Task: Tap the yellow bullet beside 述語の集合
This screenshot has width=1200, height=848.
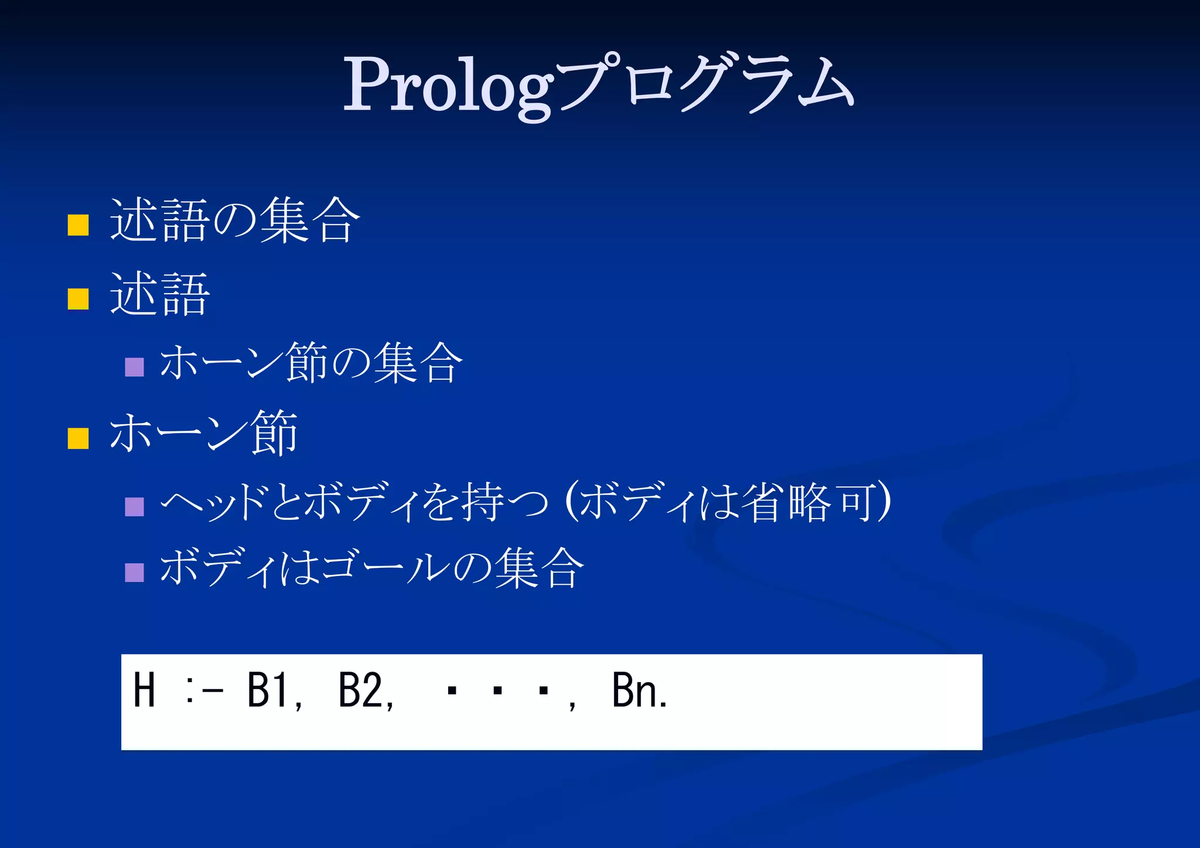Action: click(78, 224)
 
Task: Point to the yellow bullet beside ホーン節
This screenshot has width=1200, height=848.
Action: click(78, 438)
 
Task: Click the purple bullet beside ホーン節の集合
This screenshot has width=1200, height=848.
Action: click(134, 367)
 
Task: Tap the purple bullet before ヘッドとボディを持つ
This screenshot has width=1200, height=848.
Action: click(134, 507)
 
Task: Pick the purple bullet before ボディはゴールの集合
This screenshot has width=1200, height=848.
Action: click(134, 572)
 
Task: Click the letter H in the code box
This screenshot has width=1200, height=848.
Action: click(144, 690)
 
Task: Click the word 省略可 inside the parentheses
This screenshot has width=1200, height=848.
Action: click(811, 503)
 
